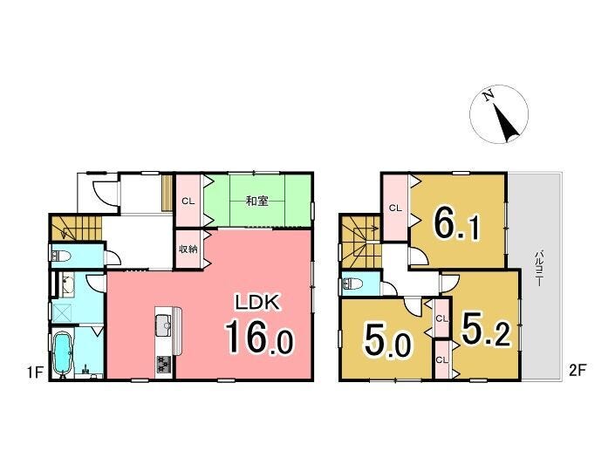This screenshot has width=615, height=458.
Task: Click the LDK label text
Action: pyautogui.click(x=256, y=303)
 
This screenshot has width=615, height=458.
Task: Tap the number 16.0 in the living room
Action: pyautogui.click(x=259, y=336)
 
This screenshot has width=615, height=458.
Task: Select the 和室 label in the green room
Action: pyautogui.click(x=256, y=202)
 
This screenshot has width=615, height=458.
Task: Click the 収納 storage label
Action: pyautogui.click(x=188, y=249)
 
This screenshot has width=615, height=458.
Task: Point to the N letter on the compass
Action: pyautogui.click(x=489, y=96)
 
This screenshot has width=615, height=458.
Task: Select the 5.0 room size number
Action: pyautogui.click(x=388, y=341)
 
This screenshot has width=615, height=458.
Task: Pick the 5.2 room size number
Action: pyautogui.click(x=486, y=330)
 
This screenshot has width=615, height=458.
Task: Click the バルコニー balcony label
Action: pyautogui.click(x=540, y=268)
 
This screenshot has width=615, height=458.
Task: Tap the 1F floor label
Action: pyautogui.click(x=35, y=372)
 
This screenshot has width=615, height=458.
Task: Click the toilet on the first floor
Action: pyautogui.click(x=61, y=256)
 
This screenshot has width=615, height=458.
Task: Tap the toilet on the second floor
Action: pyautogui.click(x=352, y=284)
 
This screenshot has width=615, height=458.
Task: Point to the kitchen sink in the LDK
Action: pyautogui.click(x=163, y=325)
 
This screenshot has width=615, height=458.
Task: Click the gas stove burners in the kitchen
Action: pyautogui.click(x=163, y=365)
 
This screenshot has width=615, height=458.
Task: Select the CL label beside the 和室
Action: pyautogui.click(x=188, y=202)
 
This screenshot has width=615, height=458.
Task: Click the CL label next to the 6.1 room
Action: pyautogui.click(x=395, y=208)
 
